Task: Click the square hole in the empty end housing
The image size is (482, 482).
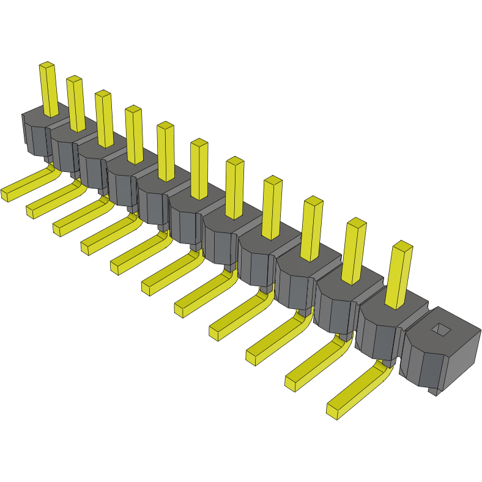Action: click(440, 330)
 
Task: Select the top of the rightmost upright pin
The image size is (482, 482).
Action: click(402, 246)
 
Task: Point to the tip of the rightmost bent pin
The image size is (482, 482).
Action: click(334, 410)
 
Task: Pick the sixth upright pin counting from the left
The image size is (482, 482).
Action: click(199, 169)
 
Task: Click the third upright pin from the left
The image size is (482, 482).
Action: click(104, 119)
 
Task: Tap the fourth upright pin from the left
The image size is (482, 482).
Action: click(135, 135)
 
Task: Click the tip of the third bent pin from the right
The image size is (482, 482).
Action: click(252, 357)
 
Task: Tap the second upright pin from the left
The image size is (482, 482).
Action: click(76, 104)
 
